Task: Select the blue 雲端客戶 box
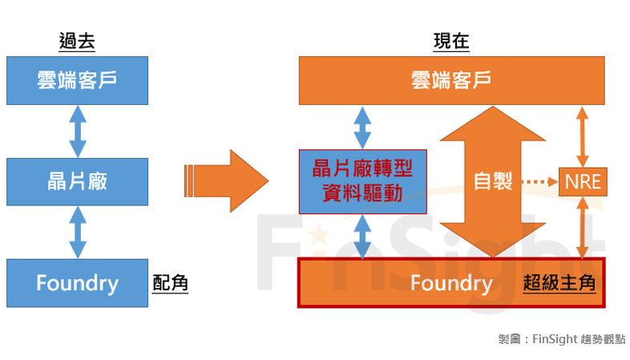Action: pyautogui.click(x=77, y=80)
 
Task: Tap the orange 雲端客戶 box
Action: pyautogui.click(x=451, y=80)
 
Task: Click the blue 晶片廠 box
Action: pyautogui.click(x=77, y=181)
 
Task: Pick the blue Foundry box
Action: pyautogui.click(x=77, y=282)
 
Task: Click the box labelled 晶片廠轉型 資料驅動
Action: pyautogui.click(x=363, y=181)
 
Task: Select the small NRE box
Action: pyautogui.click(x=583, y=181)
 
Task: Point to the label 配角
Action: pyautogui.click(x=170, y=283)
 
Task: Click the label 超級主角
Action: pyautogui.click(x=559, y=283)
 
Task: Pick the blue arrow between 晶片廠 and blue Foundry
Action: pyautogui.click(x=78, y=232)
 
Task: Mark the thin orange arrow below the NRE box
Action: pyautogui.click(x=583, y=228)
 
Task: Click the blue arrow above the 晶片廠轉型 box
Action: pyautogui.click(x=363, y=127)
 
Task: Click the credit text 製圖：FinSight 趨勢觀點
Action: pyautogui.click(x=561, y=339)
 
